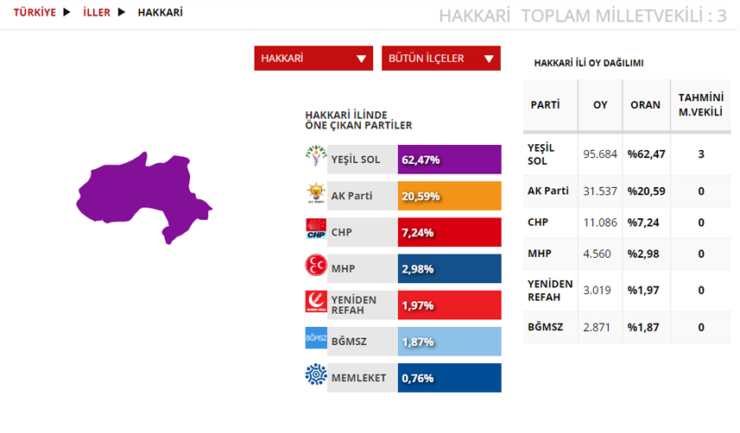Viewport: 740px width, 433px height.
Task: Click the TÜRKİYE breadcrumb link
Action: pos(35,12)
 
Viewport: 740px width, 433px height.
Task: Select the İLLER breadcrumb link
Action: pos(97,12)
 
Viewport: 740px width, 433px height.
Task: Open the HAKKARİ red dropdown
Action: pos(313,59)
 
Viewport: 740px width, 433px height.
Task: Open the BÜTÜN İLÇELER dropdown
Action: pos(440,59)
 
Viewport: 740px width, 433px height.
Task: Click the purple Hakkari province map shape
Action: pos(142,193)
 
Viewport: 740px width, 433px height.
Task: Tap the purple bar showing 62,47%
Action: pos(449,160)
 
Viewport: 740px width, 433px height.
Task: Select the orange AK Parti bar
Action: pos(449,196)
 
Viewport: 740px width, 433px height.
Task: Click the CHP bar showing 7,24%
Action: pos(449,232)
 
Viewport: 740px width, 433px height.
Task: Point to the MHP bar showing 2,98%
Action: pos(449,268)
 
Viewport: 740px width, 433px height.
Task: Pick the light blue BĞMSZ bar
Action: pos(449,342)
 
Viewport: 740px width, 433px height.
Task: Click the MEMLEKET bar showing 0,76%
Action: pos(449,378)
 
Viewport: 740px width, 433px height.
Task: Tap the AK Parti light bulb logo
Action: pos(316,193)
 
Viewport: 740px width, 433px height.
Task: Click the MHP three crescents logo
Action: pos(316,265)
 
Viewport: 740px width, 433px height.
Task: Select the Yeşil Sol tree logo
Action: pos(316,155)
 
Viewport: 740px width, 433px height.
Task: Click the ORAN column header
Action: pos(645,104)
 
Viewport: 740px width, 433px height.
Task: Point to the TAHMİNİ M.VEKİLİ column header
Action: pos(701,104)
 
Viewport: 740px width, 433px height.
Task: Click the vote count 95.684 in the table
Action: pos(600,154)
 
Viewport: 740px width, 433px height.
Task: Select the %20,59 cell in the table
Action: pos(646,191)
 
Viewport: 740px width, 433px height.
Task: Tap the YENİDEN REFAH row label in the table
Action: pos(550,291)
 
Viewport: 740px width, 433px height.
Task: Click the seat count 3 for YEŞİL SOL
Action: pos(701,154)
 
